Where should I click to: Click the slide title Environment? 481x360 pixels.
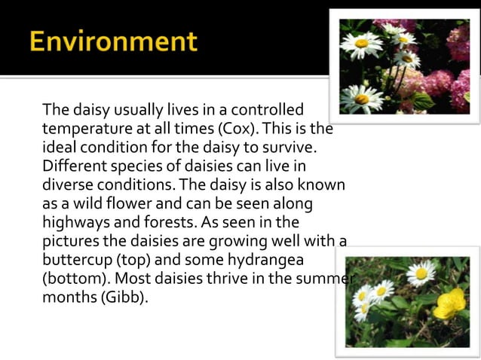click(114, 41)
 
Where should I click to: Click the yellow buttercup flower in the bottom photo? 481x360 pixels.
click(450, 304)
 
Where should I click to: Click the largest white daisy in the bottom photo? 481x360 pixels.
click(420, 272)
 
